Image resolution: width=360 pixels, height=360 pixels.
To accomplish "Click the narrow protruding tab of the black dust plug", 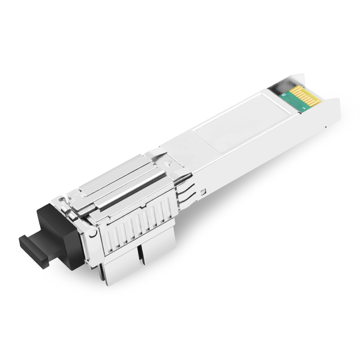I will [31, 244].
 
